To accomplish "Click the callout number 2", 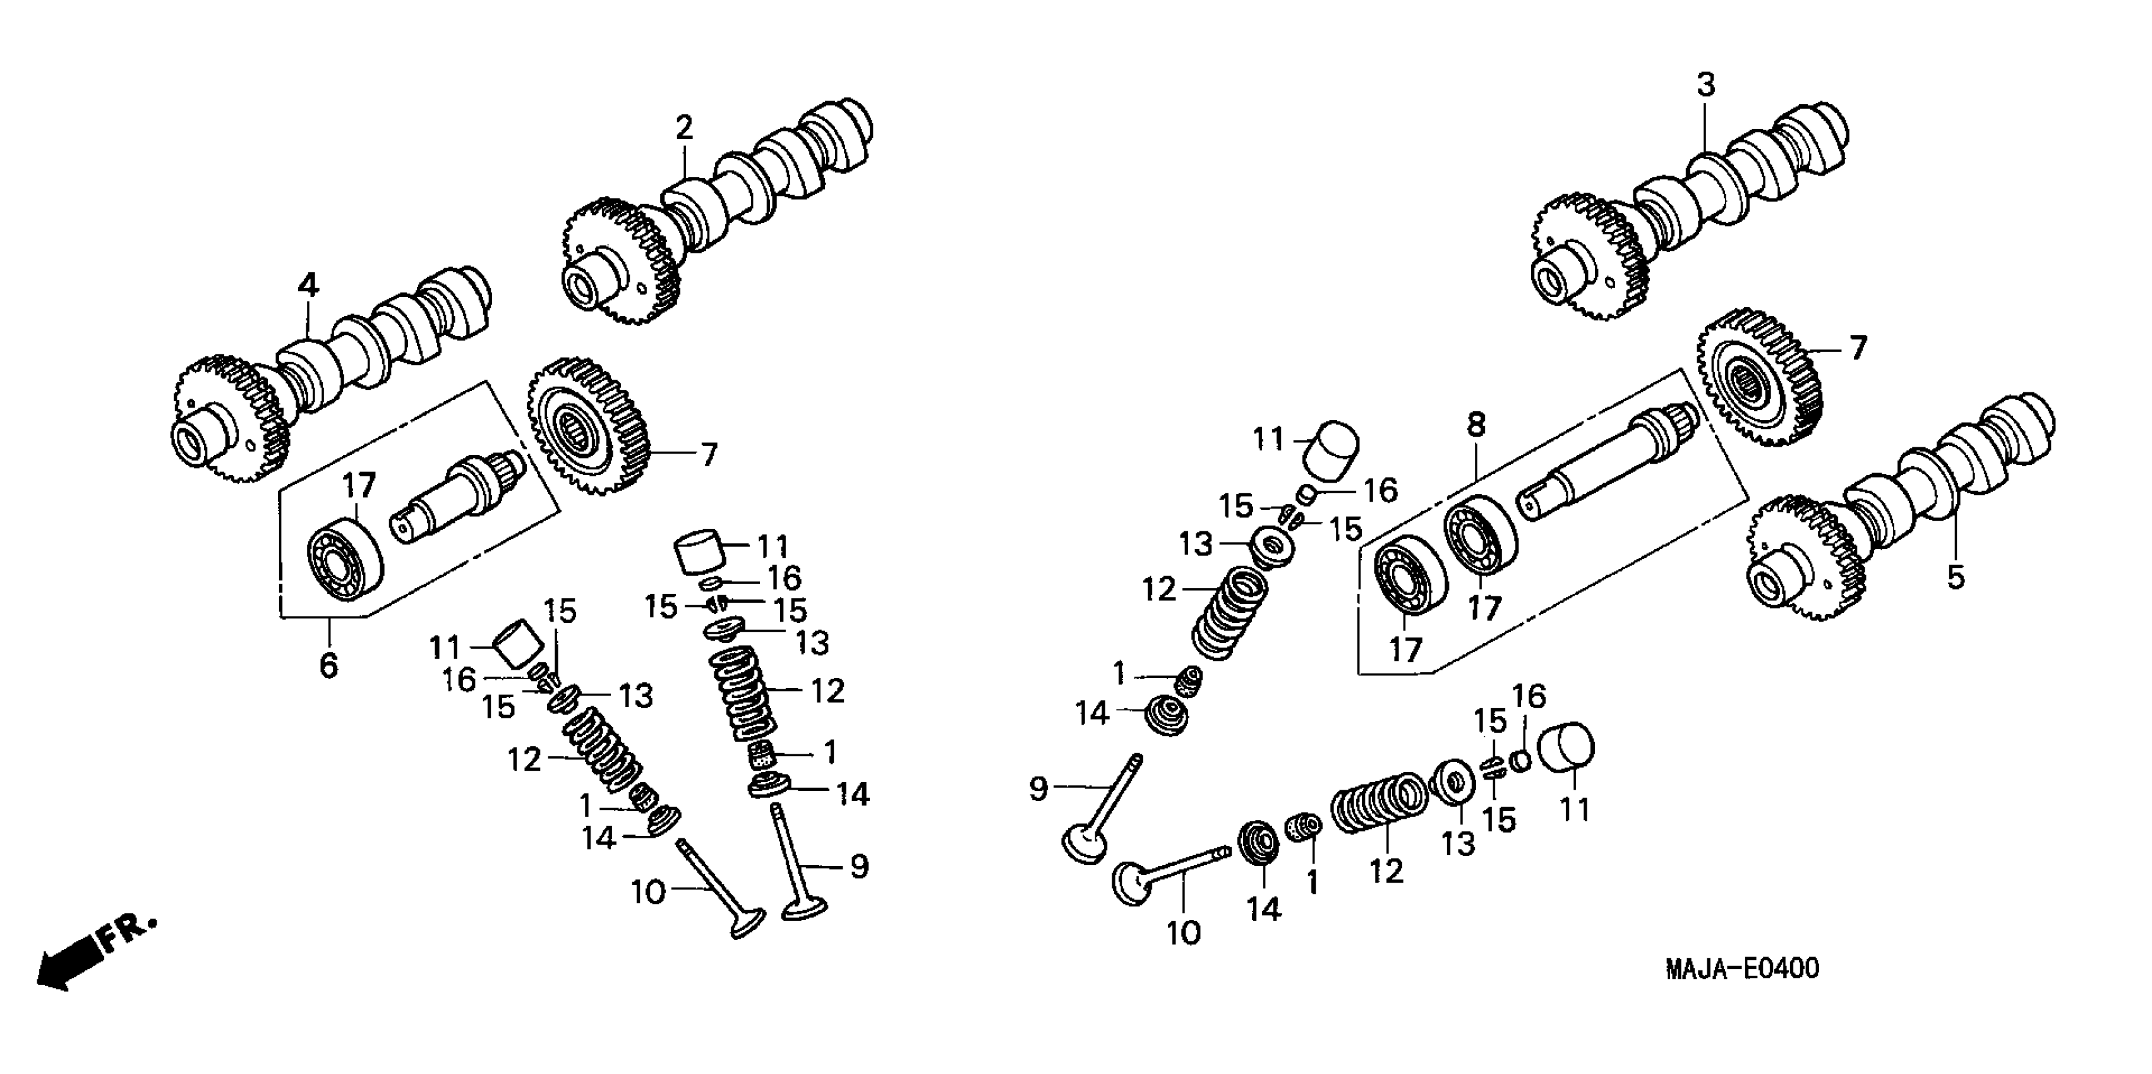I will pos(684,129).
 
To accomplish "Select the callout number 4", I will pos(308,286).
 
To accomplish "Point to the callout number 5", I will pos(1956,577).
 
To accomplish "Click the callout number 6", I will pos(328,665).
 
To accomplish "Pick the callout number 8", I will pos(1476,425).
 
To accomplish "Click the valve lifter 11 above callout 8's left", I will pos(1331,450).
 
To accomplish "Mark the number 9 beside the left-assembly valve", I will pos(860,867).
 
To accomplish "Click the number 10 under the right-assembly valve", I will pos(1183,932).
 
